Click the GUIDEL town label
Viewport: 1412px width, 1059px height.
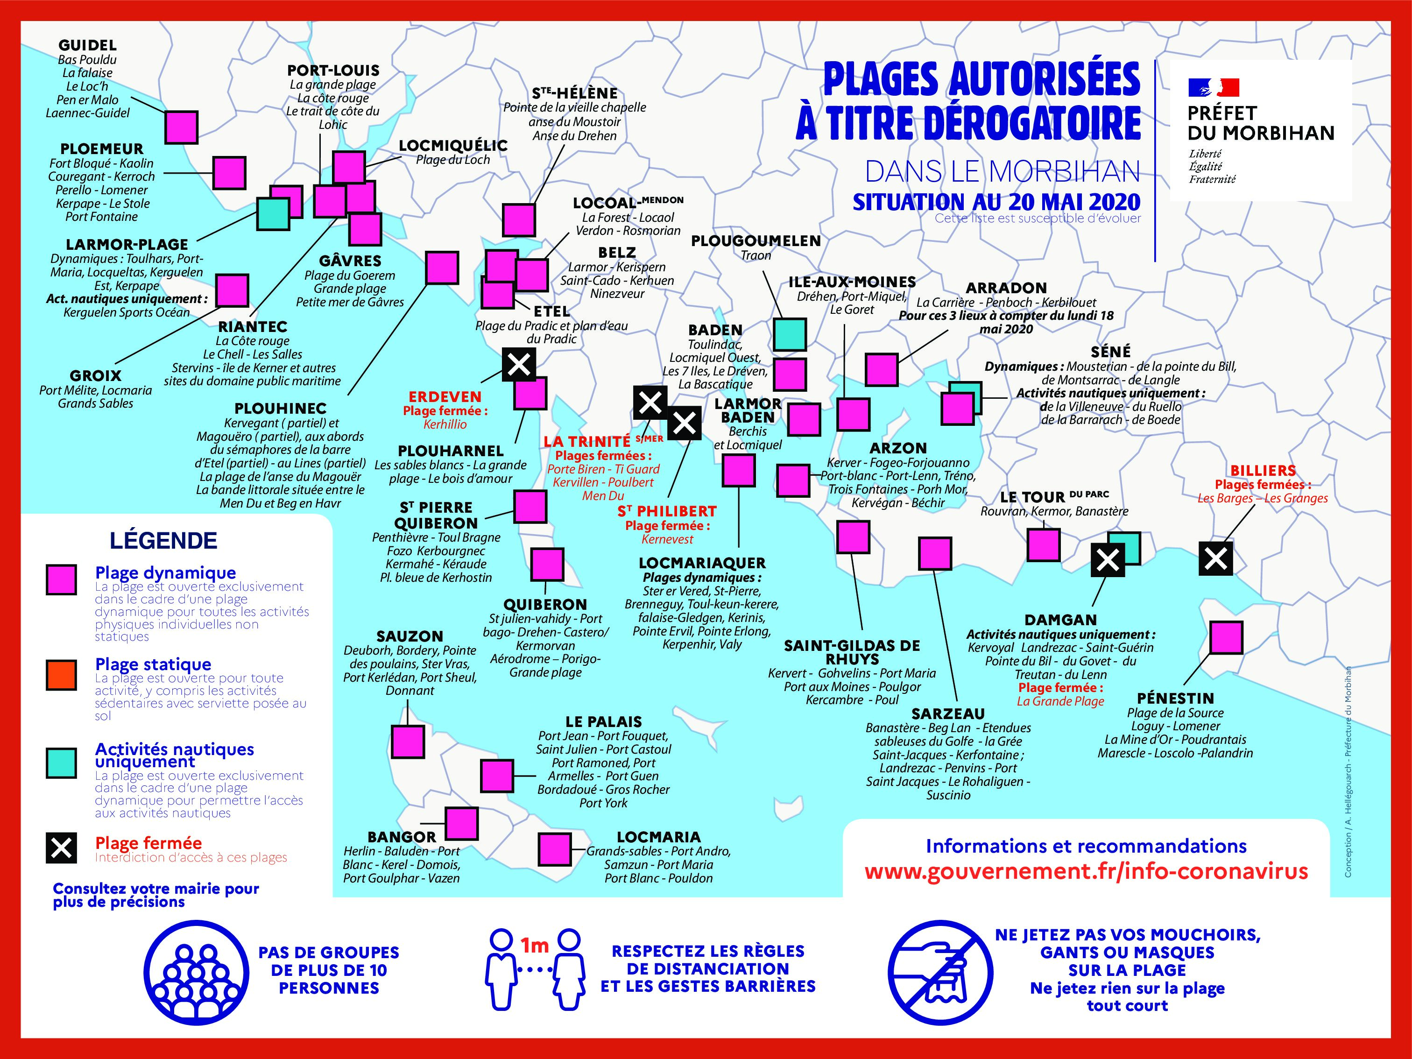click(87, 45)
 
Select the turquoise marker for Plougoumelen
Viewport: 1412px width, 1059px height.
click(790, 334)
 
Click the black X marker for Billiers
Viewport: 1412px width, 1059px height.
click(1215, 558)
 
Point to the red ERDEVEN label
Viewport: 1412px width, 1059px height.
click(445, 396)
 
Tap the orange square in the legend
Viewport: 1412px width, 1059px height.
click(61, 675)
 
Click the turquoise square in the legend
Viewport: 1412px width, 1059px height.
click(61, 763)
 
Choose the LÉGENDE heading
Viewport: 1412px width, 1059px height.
click(163, 541)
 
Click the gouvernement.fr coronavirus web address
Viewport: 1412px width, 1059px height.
click(1086, 871)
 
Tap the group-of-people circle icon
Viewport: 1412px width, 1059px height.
click(196, 970)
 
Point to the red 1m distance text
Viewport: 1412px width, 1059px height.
click(534, 945)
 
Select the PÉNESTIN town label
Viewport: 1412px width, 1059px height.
click(1175, 699)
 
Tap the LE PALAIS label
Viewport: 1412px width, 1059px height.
click(603, 722)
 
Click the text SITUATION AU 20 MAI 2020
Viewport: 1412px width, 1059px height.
click(996, 202)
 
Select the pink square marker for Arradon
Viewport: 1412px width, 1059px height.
click(882, 369)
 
